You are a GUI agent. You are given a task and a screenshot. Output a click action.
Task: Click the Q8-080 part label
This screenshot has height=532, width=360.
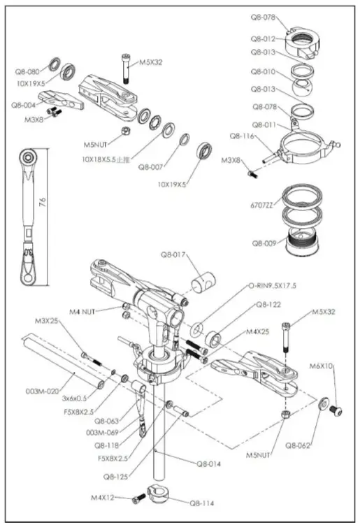(27, 71)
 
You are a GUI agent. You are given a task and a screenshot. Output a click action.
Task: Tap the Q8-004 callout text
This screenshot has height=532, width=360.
(24, 104)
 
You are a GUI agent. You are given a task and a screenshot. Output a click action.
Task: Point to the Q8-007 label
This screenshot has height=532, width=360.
(151, 167)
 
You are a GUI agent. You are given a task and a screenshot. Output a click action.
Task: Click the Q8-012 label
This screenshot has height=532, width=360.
(264, 39)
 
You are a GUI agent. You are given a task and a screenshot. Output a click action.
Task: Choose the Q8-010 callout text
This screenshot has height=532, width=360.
(264, 71)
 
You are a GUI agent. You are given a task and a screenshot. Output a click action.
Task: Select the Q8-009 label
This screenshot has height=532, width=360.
(264, 243)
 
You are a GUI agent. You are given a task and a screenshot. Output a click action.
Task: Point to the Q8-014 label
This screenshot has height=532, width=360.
(210, 463)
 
